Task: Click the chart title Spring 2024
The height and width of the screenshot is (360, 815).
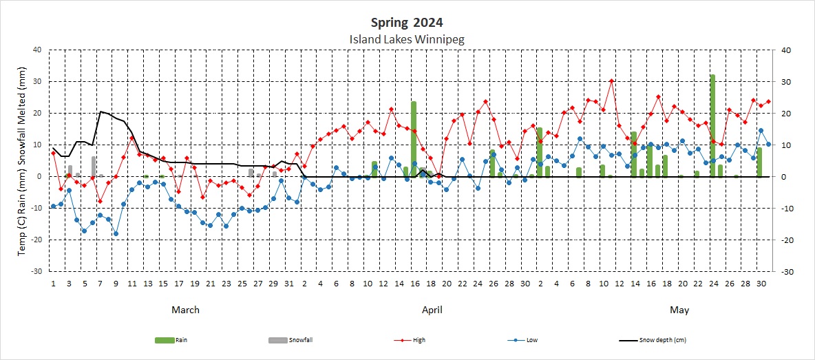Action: (x=407, y=23)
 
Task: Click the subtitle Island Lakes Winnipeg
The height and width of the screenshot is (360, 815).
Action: (x=407, y=39)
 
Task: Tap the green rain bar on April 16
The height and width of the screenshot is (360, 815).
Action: (x=414, y=138)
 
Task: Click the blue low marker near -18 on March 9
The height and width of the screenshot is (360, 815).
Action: (x=116, y=233)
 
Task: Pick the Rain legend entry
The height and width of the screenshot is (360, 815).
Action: (x=172, y=339)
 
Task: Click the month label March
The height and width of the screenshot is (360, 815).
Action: (x=185, y=310)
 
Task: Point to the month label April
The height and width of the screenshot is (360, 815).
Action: (x=432, y=310)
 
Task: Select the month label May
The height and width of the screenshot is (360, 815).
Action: (x=679, y=310)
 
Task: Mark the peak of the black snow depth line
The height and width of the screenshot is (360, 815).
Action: (x=100, y=112)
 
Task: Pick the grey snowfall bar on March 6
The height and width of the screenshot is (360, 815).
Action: (x=94, y=167)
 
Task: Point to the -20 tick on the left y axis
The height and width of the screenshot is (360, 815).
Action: (x=36, y=240)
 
